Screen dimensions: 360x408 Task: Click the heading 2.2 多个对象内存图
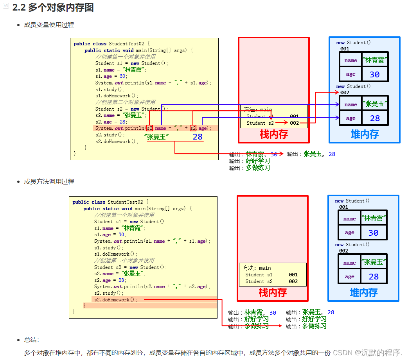[53, 7]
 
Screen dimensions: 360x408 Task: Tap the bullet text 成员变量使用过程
[49, 25]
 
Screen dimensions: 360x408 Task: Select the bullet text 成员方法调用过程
[49, 182]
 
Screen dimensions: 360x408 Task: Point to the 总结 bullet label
[31, 340]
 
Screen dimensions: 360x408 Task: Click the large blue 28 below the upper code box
[198, 136]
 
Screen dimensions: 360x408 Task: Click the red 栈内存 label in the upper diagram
[274, 134]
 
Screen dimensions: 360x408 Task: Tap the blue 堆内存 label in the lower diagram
[363, 292]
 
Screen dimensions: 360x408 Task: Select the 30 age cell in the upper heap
[375, 74]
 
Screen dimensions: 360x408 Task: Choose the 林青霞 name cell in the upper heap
[375, 60]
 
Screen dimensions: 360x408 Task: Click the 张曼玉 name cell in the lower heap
[374, 262]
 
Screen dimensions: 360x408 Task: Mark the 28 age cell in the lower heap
[374, 277]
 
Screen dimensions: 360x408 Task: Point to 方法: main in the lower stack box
[257, 268]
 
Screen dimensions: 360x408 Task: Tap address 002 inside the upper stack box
[294, 123]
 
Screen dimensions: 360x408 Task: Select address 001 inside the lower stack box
[293, 274]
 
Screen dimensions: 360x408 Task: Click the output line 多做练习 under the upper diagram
[258, 168]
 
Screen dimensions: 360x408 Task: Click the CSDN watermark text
[367, 352]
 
